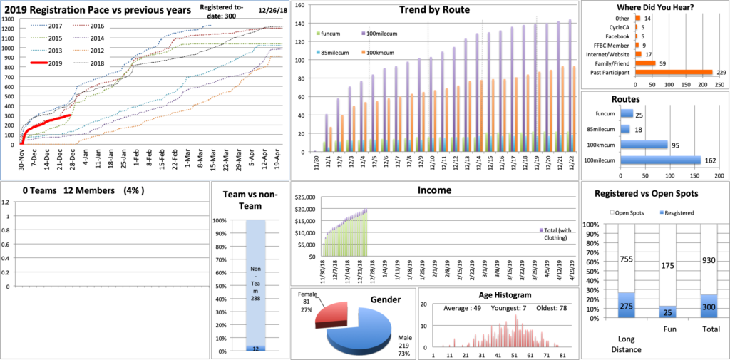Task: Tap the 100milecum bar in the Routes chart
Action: click(x=660, y=160)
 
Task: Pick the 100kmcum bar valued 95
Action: click(x=644, y=145)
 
